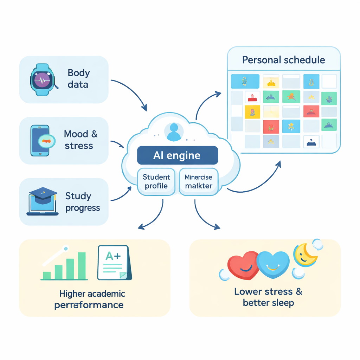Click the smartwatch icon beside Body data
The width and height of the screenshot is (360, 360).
click(x=42, y=79)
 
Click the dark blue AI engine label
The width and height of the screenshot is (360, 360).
click(x=177, y=155)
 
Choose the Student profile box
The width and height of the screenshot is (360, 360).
click(x=156, y=181)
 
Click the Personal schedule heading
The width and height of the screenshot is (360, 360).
click(x=283, y=59)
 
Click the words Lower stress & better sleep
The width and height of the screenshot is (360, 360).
click(x=268, y=297)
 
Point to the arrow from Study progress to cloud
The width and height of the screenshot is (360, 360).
click(x=121, y=195)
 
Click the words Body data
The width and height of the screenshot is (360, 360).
click(x=78, y=79)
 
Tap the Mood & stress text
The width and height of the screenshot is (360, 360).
click(x=81, y=140)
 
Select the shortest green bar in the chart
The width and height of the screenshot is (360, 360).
click(x=46, y=275)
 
